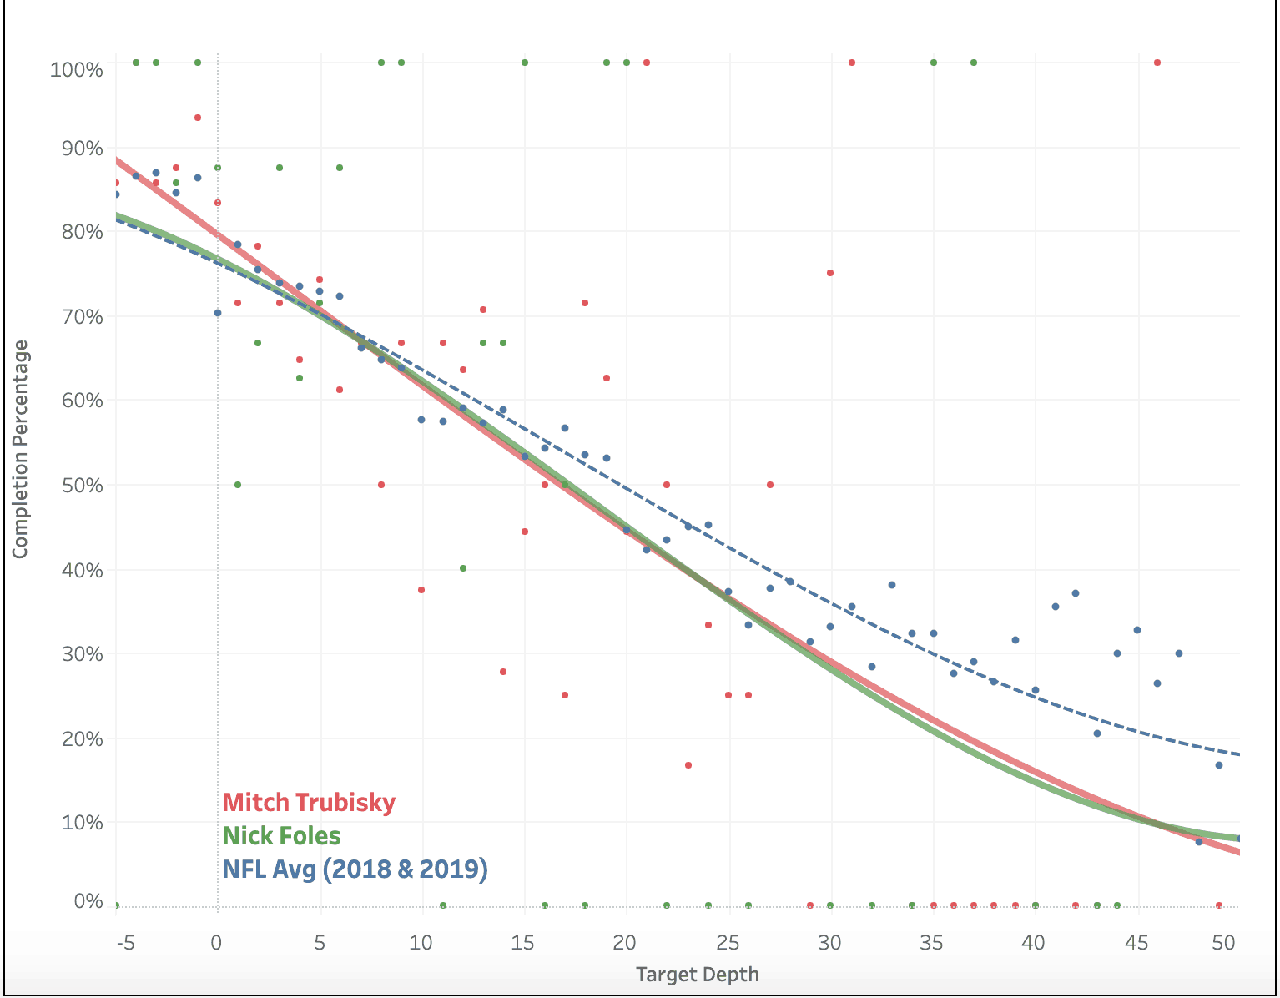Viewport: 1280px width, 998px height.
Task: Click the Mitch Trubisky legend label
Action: [x=309, y=803]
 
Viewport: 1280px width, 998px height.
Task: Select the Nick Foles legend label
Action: [x=282, y=836]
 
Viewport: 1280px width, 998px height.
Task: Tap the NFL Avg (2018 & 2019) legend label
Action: [x=355, y=869]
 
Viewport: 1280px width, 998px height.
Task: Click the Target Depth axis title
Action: [x=698, y=974]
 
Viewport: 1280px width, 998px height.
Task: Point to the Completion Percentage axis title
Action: [x=20, y=449]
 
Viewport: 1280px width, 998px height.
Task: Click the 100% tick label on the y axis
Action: [x=77, y=69]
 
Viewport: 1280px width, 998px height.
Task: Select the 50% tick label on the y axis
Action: [x=82, y=486]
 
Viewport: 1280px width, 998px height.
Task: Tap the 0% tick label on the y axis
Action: [x=88, y=901]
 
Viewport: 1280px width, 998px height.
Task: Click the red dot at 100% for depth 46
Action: [x=1157, y=63]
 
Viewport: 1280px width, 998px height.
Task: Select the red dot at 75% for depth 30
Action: [x=830, y=273]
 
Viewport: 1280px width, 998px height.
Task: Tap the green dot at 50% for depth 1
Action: [x=238, y=485]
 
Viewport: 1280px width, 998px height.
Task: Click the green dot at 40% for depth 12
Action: [x=463, y=568]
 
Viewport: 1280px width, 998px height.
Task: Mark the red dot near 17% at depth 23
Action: [x=688, y=765]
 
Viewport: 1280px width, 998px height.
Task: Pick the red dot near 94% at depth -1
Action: [x=198, y=118]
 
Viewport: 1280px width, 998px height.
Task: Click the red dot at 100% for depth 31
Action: [x=852, y=63]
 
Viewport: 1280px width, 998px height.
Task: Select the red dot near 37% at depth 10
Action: [x=421, y=590]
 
